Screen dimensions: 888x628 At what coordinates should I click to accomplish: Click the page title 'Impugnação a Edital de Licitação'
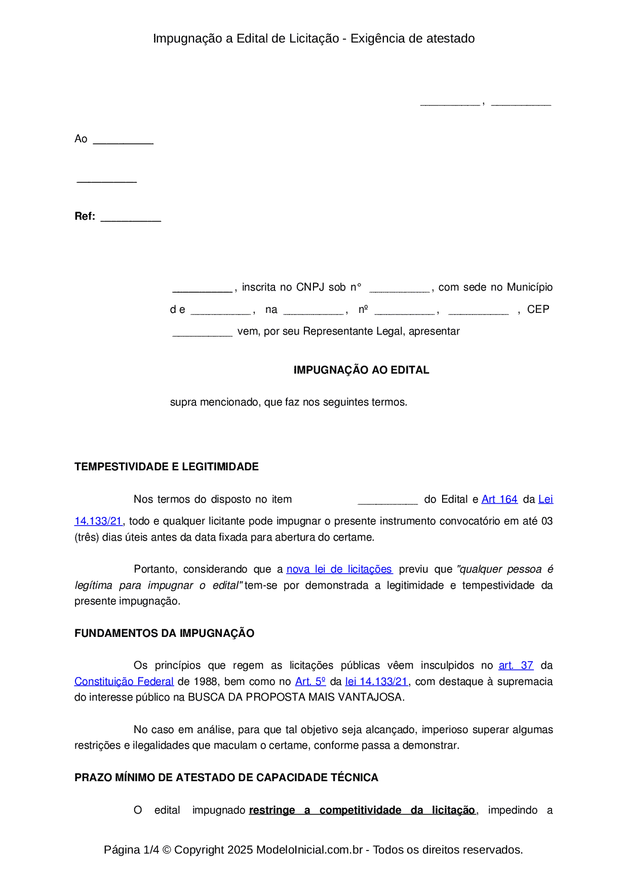246,38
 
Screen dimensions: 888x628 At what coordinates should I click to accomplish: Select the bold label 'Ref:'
85,216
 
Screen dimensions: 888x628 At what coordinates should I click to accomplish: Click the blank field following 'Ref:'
131,218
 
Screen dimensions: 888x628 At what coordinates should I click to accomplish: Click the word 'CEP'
538,309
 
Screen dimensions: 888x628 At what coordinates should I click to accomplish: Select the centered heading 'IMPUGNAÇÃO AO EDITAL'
361,370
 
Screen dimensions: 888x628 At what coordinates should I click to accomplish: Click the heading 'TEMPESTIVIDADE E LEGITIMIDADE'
166,467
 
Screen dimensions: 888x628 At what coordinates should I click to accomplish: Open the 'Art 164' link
499,499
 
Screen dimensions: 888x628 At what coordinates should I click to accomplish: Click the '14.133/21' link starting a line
98,521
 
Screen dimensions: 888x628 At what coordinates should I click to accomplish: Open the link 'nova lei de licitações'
339,569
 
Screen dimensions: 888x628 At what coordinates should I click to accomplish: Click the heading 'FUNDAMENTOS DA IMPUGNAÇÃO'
164,633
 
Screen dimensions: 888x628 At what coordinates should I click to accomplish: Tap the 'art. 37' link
516,665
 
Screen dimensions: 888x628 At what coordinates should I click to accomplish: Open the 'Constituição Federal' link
124,681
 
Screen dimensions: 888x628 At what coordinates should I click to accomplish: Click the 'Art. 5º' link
310,681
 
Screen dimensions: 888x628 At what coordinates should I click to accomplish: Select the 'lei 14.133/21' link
376,681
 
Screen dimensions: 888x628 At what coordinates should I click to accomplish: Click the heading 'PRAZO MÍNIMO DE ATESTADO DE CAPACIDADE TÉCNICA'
226,778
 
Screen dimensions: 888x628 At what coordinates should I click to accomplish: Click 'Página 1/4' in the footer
131,850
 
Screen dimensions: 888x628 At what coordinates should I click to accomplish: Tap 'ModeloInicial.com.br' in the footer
309,850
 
